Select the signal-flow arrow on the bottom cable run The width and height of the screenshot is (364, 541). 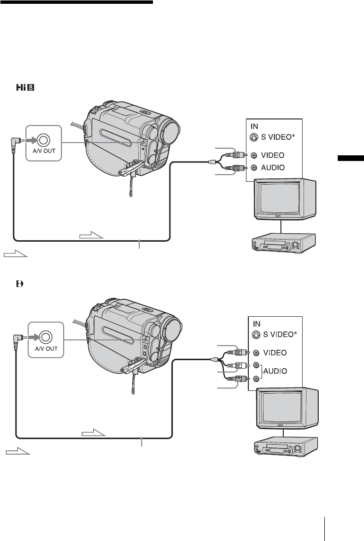[x=93, y=431]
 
